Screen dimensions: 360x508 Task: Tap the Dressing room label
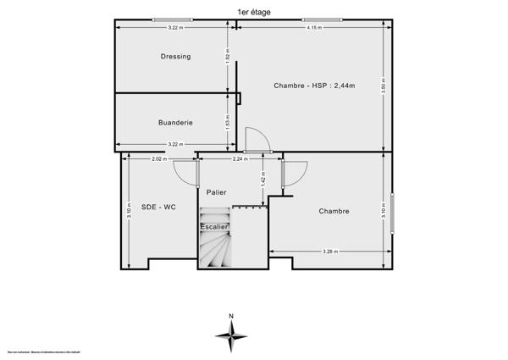pyautogui.click(x=175, y=57)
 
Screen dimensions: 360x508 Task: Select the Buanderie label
pyautogui.click(x=175, y=123)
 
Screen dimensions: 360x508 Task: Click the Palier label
pyautogui.click(x=218, y=192)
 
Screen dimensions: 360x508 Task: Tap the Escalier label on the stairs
pyautogui.click(x=213, y=227)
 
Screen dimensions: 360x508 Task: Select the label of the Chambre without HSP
pyautogui.click(x=334, y=211)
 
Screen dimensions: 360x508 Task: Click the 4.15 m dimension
pyautogui.click(x=314, y=29)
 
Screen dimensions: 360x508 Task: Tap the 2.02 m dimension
pyautogui.click(x=158, y=158)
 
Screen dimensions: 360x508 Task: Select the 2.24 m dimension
pyautogui.click(x=241, y=158)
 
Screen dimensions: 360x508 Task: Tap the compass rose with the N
pyautogui.click(x=230, y=335)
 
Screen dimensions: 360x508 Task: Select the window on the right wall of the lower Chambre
pyautogui.click(x=393, y=211)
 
